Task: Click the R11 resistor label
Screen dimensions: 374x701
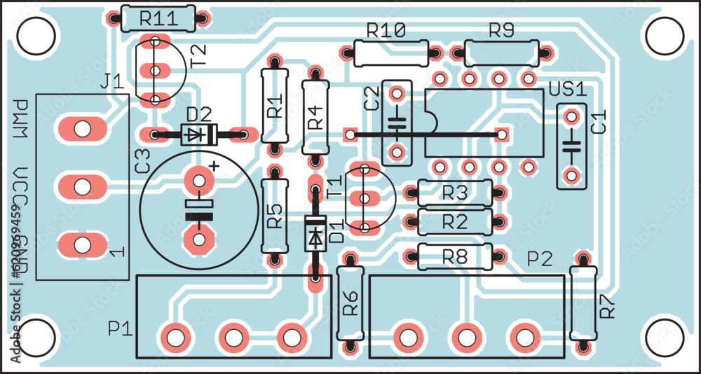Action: pos(158,19)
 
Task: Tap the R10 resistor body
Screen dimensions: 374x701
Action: pos(390,52)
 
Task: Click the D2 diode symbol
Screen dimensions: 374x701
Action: pos(199,133)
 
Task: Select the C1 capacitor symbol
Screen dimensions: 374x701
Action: pos(573,146)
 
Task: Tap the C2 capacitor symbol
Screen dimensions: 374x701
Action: pos(397,123)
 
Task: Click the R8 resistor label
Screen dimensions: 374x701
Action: pos(455,257)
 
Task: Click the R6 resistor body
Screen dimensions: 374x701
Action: pos(350,303)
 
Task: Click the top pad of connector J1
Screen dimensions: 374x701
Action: pos(83,128)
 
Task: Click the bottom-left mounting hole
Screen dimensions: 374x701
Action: pos(35,339)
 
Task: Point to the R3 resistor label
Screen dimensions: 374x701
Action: pos(455,193)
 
